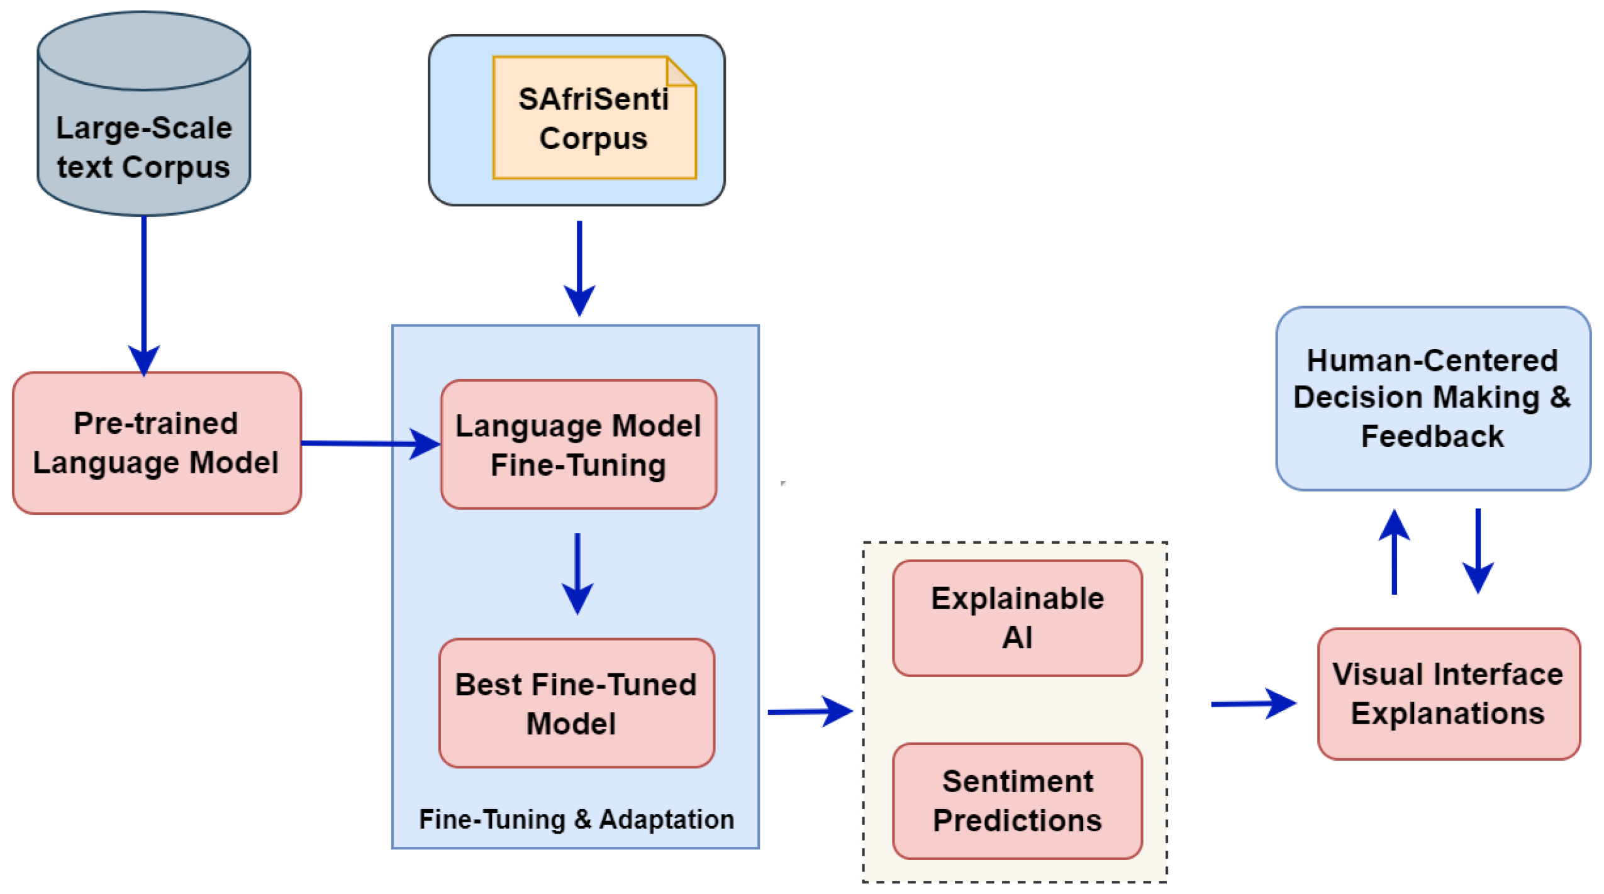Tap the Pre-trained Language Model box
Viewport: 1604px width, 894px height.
[x=156, y=443]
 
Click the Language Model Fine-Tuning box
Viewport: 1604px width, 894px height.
[x=577, y=445]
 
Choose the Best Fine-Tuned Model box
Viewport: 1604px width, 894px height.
[x=576, y=703]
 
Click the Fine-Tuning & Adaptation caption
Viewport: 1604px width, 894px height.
[x=576, y=819]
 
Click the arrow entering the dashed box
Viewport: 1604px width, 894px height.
[x=808, y=711]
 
